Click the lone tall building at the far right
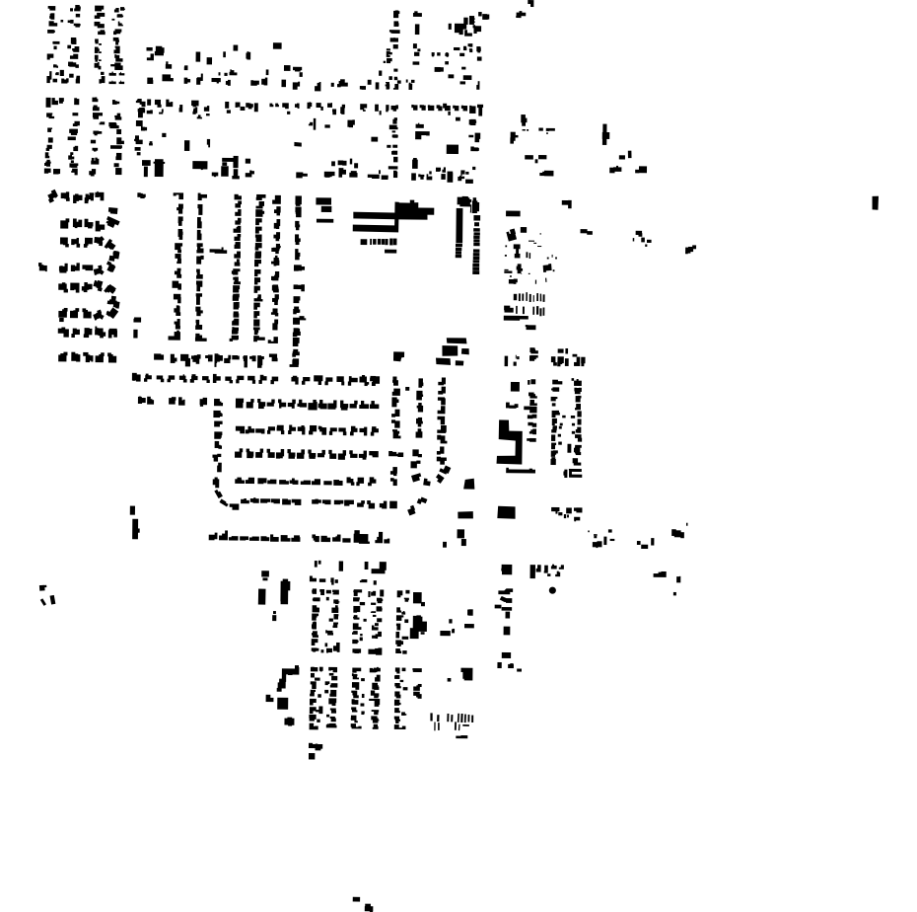875,203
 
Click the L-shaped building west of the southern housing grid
286,679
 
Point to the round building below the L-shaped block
289,722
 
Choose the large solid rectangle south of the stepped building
507,511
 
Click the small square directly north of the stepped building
512,404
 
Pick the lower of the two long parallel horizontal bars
375,229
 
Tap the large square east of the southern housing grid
466,674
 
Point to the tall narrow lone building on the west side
133,524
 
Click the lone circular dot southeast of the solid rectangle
552,590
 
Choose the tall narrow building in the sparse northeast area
604,134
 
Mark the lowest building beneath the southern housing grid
312,756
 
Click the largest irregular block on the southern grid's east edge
419,626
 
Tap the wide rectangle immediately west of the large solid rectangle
466,513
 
